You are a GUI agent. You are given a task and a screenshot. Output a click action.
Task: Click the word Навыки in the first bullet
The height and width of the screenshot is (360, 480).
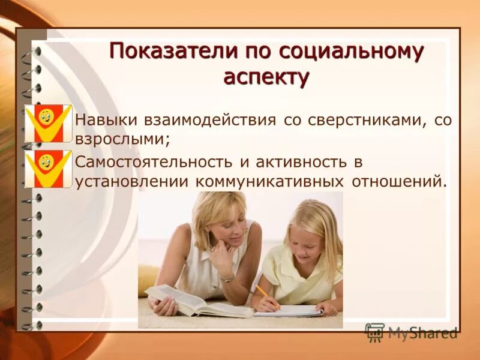pyautogui.click(x=103, y=121)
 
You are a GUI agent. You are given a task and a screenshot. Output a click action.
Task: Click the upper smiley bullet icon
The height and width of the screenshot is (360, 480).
pyautogui.click(x=49, y=123)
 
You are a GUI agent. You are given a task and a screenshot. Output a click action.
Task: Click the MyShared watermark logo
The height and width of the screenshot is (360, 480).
pyautogui.click(x=411, y=332)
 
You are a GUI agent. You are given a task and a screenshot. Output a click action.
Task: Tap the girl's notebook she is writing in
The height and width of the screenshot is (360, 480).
pyautogui.click(x=294, y=310)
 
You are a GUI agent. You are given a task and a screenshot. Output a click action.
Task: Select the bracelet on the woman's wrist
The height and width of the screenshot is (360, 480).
pyautogui.click(x=227, y=278)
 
